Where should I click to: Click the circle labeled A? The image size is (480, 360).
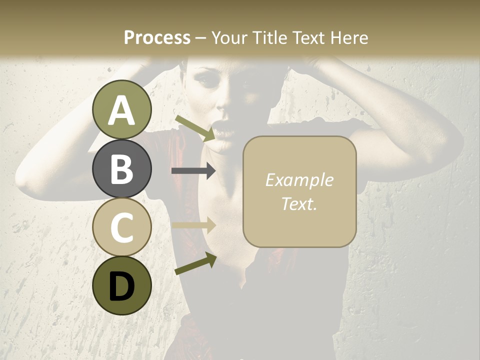click(122, 110)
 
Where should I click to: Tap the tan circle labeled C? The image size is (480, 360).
click(122, 227)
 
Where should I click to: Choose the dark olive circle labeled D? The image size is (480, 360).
click(122, 285)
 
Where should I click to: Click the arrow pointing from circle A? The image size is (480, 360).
click(195, 128)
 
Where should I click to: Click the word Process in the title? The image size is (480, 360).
click(157, 37)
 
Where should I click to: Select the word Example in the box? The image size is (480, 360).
click(299, 180)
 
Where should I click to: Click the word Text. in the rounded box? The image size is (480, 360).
click(299, 203)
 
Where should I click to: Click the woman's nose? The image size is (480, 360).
click(223, 107)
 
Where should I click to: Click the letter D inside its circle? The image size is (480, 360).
click(122, 286)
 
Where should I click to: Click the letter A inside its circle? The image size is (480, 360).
click(122, 111)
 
